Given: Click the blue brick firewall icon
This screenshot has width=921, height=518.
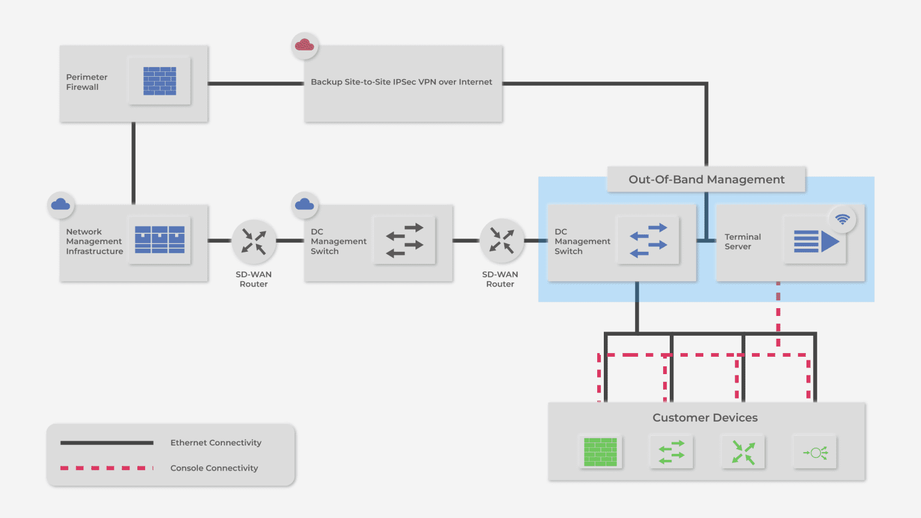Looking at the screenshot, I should (x=159, y=81).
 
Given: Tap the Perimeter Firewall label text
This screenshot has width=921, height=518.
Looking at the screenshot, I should (x=87, y=82).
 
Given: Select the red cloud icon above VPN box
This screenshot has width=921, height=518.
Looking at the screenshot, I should (x=305, y=46).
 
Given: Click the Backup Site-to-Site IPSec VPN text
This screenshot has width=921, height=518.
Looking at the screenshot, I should (x=401, y=82).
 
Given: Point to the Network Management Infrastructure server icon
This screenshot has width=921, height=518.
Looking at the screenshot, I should (x=159, y=240).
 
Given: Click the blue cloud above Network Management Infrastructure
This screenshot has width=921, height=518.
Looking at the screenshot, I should (x=61, y=205).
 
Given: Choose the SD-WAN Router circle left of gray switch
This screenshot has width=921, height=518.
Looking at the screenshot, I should (x=254, y=241).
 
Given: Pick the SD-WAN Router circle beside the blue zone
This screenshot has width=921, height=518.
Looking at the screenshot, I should (x=501, y=240).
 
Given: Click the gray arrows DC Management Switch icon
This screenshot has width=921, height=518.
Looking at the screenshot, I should (x=404, y=240).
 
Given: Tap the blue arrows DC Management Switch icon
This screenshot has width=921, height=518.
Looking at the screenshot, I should (x=648, y=240).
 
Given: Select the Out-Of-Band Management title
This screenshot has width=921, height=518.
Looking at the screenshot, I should (x=706, y=180).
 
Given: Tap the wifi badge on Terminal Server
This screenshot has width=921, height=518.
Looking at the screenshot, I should (x=842, y=219).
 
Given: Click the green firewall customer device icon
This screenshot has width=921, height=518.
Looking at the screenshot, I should (x=600, y=452).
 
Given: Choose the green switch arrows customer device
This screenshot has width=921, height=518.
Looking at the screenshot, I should (x=672, y=452).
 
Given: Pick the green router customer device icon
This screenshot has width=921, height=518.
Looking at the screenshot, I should (x=743, y=452).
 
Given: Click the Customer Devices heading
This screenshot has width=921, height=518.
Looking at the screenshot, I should (x=705, y=418).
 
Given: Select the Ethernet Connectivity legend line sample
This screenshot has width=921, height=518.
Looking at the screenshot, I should (x=107, y=443).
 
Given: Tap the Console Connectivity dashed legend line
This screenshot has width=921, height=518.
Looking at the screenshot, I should (x=107, y=468).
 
